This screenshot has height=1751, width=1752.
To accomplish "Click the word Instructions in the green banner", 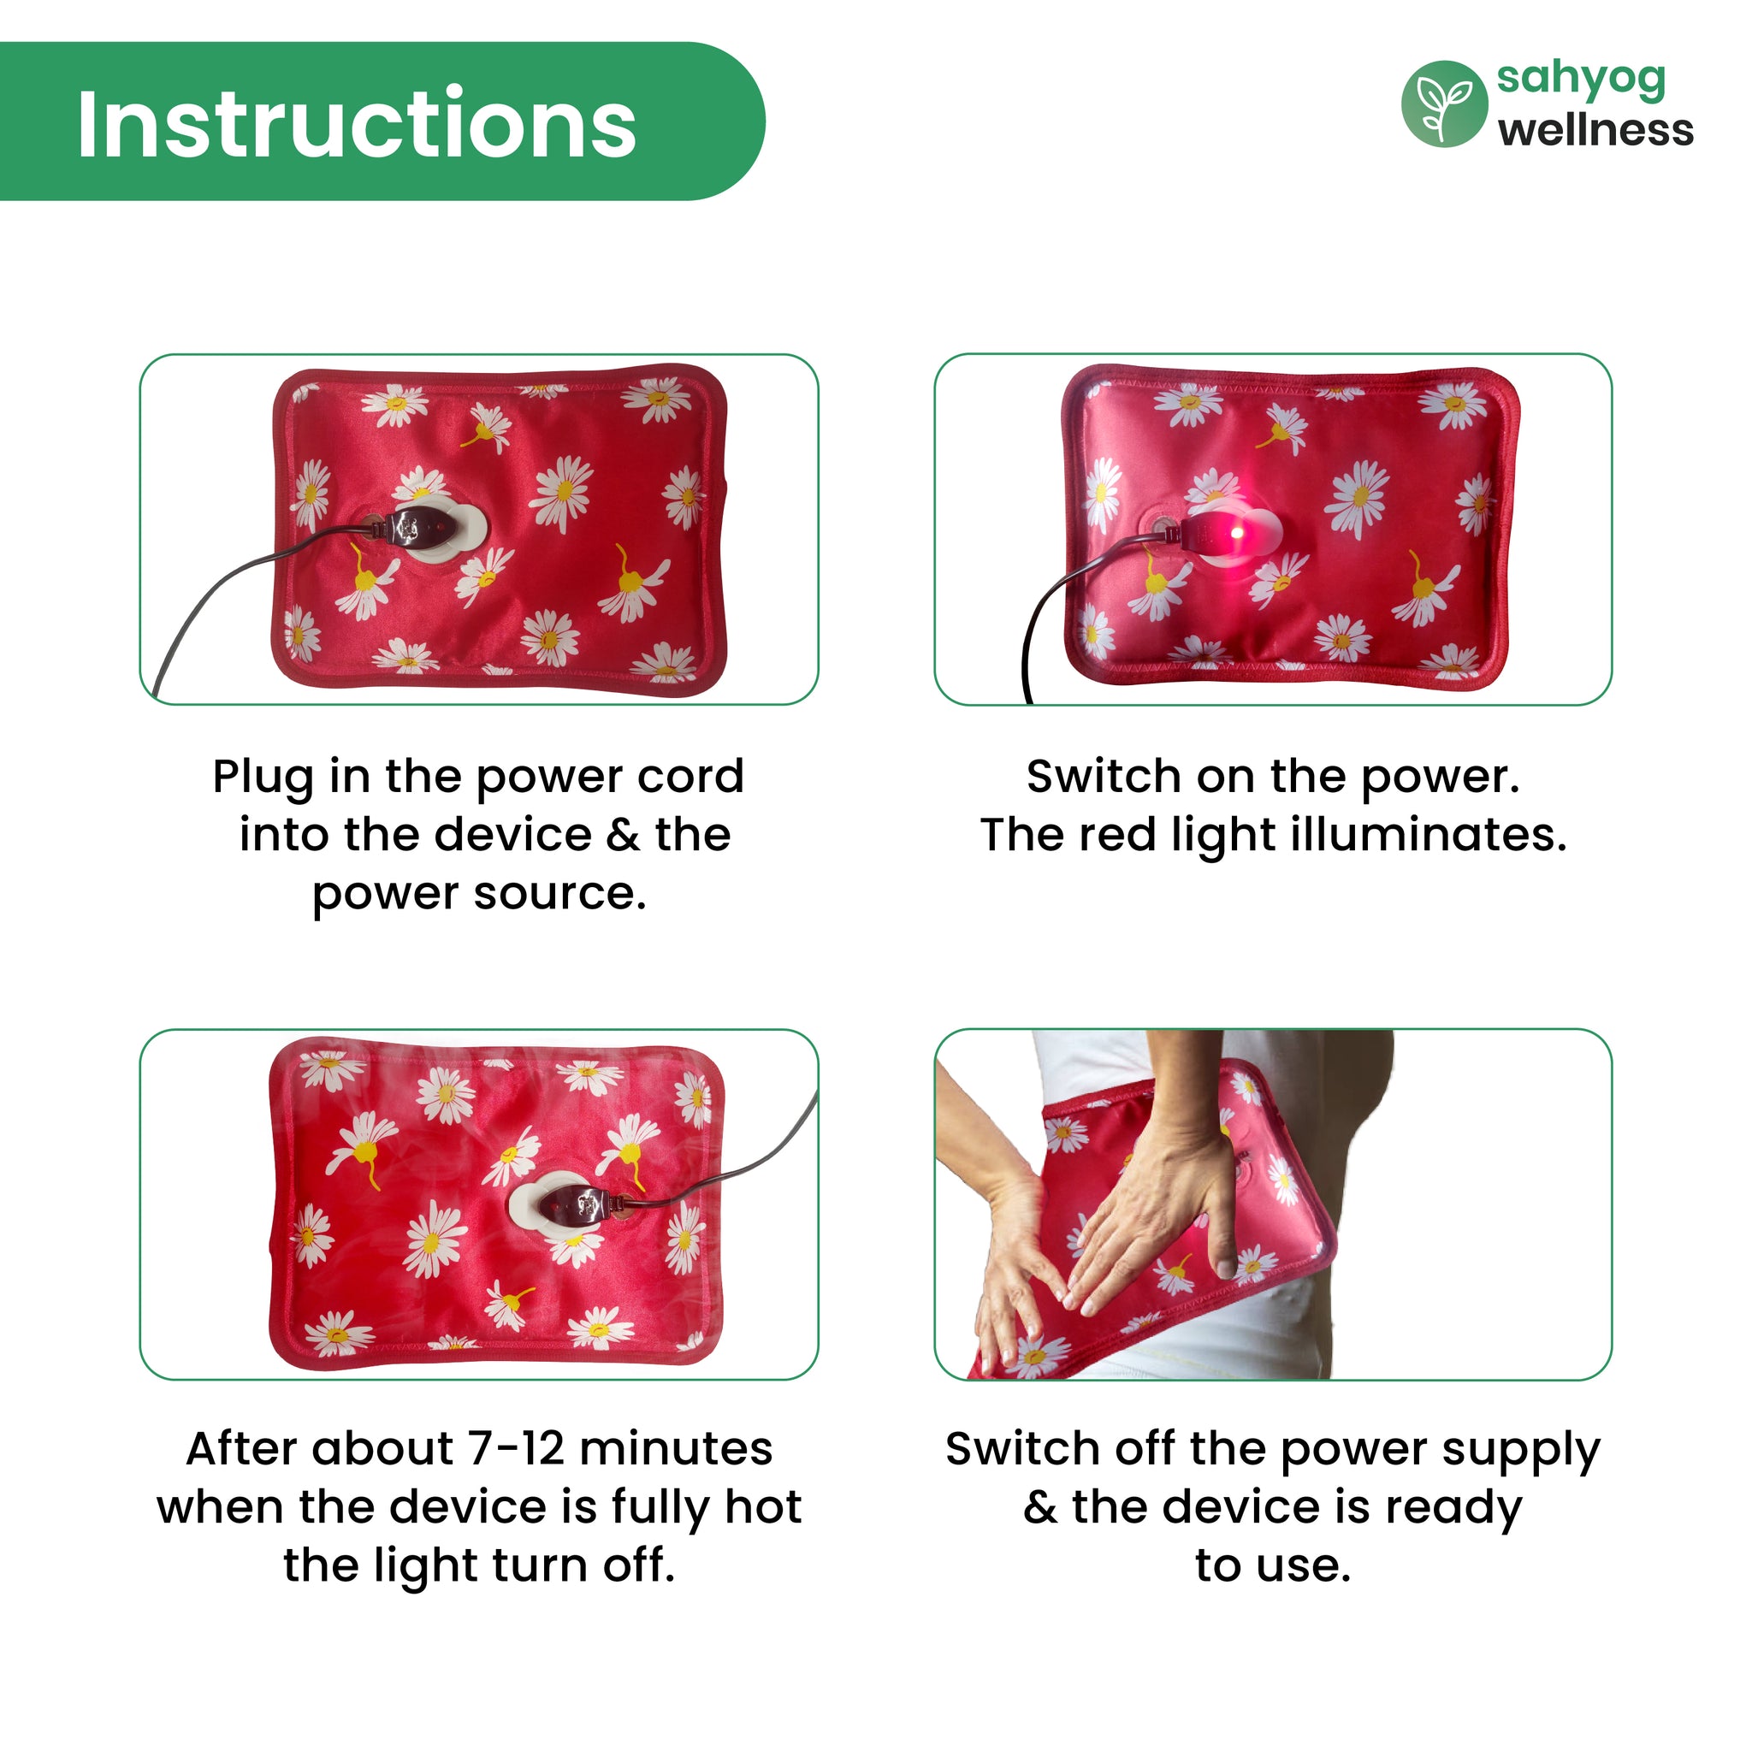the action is [357, 123].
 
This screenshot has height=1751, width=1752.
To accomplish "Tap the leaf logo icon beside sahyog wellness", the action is [1444, 104].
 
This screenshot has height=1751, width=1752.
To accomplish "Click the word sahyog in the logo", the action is [1581, 80].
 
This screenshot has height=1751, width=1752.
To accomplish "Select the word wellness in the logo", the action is [1595, 130].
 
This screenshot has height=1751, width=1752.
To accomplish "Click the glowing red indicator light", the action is [1237, 532].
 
